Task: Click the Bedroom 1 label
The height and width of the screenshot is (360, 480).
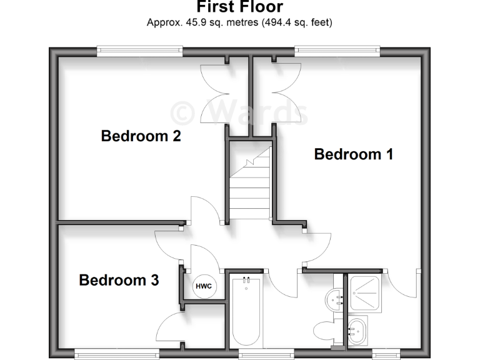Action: pyautogui.click(x=353, y=154)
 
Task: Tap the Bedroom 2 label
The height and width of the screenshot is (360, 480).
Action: pyautogui.click(x=141, y=136)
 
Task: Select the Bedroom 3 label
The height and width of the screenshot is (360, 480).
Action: pyautogui.click(x=119, y=280)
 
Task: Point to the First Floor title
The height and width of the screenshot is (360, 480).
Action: pyautogui.click(x=240, y=7)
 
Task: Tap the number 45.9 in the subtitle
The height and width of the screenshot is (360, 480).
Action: pyautogui.click(x=194, y=22)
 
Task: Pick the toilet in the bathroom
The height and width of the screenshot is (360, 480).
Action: pyautogui.click(x=326, y=331)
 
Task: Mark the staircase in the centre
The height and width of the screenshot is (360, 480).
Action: pyautogui.click(x=249, y=181)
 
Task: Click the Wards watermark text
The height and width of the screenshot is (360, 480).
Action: pyautogui.click(x=240, y=112)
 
